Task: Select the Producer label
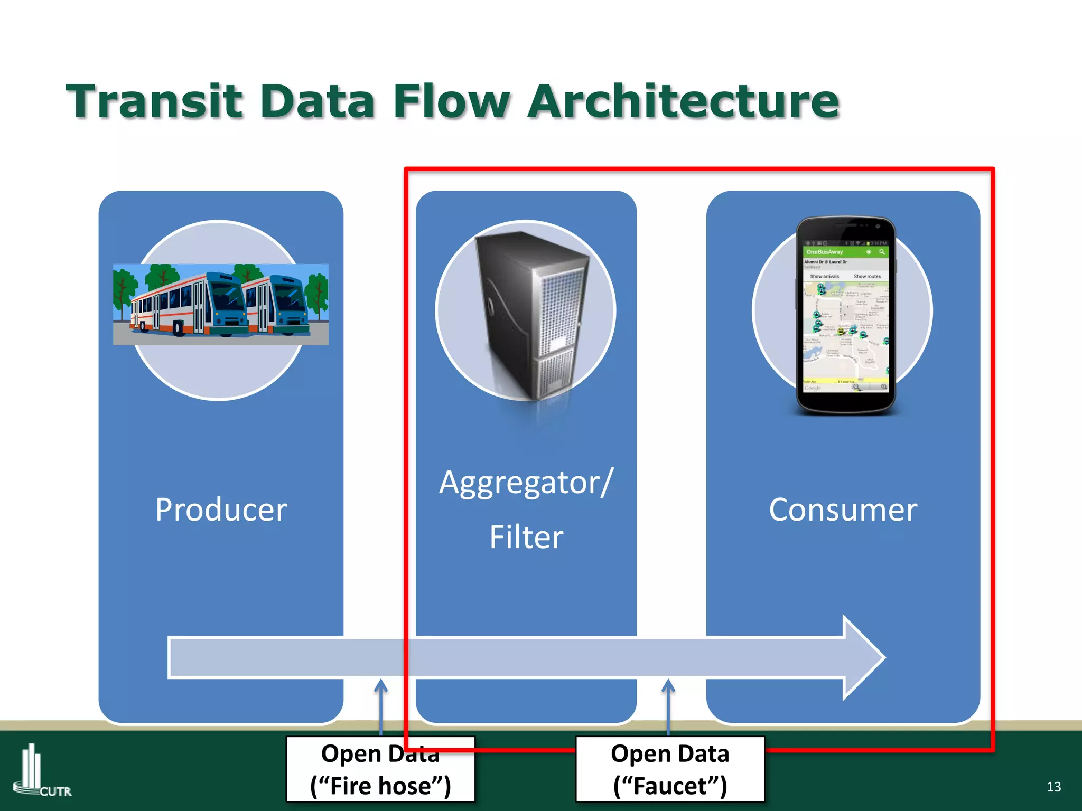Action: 221,510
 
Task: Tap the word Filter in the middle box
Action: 526,537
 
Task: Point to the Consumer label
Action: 843,510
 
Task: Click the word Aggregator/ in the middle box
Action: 526,483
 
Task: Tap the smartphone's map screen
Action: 845,333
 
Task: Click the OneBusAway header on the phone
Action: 825,252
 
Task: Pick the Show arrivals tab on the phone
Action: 824,276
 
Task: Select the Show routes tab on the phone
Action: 867,276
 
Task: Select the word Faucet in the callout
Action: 670,786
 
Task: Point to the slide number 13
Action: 1053,787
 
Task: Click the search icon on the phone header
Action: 882,252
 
